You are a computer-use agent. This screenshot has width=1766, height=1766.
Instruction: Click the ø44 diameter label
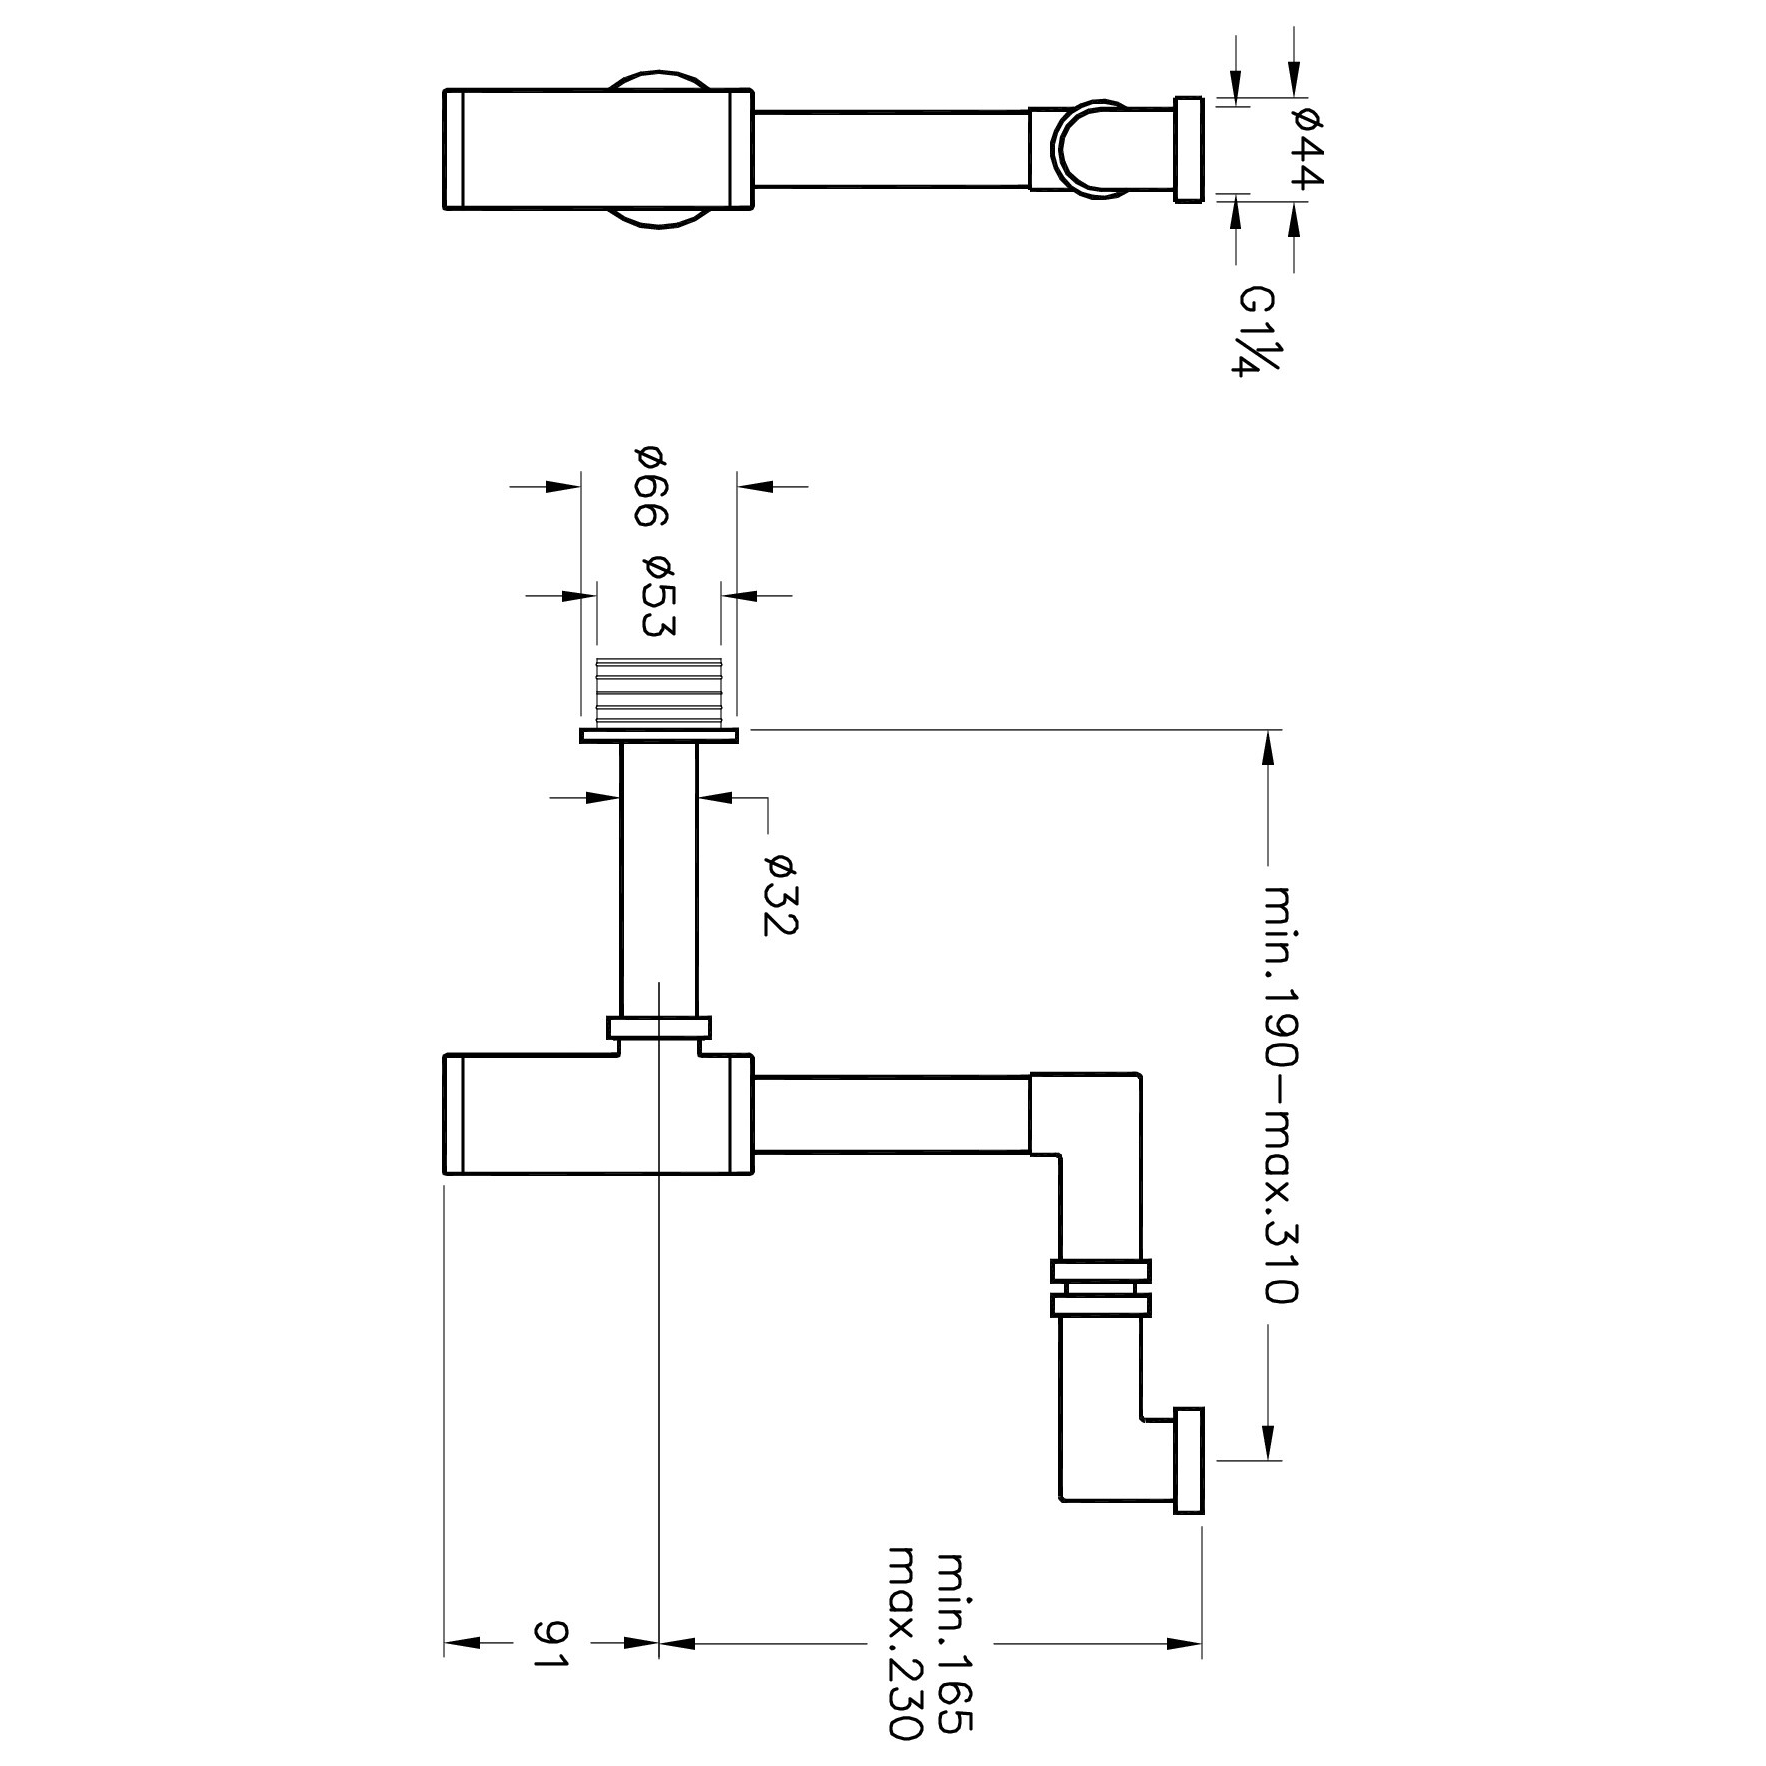1307,149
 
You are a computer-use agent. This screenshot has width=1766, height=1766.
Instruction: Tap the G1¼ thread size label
1256,331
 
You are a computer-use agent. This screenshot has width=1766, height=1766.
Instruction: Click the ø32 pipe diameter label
780,894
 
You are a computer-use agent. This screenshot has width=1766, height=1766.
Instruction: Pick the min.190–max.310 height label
1280,1094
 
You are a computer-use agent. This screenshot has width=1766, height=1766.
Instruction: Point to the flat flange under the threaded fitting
658,736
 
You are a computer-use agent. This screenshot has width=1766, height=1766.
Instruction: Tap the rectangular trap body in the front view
597,1114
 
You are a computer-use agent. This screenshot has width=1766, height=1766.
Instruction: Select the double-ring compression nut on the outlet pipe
1100,1289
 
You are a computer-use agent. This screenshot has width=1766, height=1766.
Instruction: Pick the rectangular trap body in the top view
597,149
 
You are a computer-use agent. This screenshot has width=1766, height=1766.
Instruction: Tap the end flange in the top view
1189,149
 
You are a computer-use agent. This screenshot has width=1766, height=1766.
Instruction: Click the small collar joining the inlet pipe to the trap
659,1028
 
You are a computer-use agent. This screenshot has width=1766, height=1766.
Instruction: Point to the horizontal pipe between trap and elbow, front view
891,1114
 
